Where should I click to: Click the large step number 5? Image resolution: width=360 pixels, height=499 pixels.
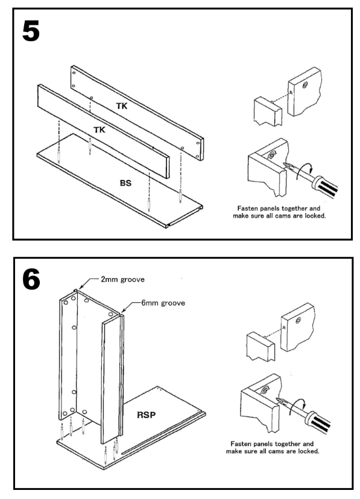click(x=31, y=31)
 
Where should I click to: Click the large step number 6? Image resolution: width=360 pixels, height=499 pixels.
click(x=31, y=279)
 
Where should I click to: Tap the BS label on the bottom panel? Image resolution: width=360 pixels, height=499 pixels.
click(x=125, y=183)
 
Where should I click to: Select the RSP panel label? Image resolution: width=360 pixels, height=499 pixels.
click(x=147, y=415)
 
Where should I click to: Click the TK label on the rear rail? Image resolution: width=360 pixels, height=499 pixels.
click(x=121, y=106)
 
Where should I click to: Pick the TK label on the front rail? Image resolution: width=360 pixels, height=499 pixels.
click(x=99, y=130)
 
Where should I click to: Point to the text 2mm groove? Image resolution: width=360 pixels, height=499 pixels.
click(x=122, y=279)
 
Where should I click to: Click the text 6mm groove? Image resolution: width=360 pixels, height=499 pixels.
click(x=163, y=303)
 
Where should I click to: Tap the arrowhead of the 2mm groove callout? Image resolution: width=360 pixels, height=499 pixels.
click(x=81, y=287)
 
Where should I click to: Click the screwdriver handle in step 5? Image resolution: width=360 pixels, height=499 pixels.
click(x=324, y=187)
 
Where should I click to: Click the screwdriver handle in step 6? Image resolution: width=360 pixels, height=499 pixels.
click(x=318, y=422)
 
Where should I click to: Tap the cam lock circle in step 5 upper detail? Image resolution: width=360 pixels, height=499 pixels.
click(x=305, y=85)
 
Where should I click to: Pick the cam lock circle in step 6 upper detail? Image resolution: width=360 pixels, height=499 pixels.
click(x=298, y=320)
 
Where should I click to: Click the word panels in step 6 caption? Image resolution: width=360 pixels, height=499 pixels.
click(x=263, y=444)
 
